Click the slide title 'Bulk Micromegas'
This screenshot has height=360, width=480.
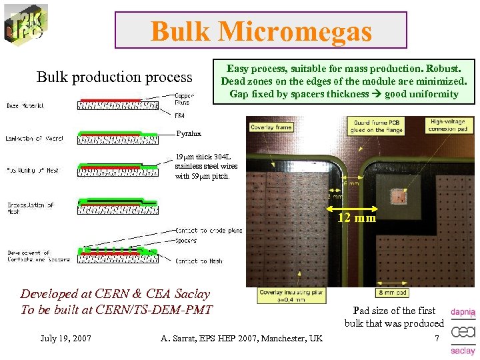(261, 31)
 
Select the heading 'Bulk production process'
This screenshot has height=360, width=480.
(114, 77)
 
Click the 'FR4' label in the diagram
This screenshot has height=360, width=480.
(179, 116)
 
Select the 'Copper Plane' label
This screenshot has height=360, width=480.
(185, 99)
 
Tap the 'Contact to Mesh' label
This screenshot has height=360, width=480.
(199, 261)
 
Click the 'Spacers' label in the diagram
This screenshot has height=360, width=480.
(186, 240)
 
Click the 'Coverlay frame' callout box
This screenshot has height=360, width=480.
(271, 127)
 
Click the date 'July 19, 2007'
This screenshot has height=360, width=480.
(65, 339)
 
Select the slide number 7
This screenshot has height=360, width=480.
(437, 339)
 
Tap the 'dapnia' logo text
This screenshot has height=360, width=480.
(463, 311)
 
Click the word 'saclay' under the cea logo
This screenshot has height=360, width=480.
(463, 351)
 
